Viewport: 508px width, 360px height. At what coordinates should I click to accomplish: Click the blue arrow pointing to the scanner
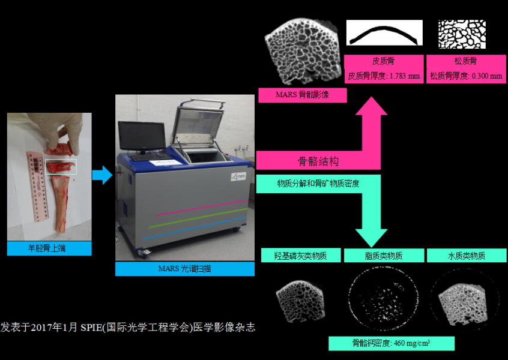tap(102, 175)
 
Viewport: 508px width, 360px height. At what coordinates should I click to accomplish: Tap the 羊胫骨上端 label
tap(49, 248)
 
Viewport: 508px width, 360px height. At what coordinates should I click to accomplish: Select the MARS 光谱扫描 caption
tap(184, 269)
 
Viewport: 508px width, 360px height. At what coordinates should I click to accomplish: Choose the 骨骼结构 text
tap(318, 161)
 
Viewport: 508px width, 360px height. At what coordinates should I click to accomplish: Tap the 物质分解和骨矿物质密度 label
tap(318, 184)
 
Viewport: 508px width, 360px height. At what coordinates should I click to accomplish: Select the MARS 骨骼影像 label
tap(302, 95)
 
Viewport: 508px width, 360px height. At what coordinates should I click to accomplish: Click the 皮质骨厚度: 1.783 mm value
tap(383, 76)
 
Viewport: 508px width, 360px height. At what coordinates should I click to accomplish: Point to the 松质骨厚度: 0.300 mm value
tap(465, 76)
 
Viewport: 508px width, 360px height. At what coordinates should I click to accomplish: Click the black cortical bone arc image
tap(384, 33)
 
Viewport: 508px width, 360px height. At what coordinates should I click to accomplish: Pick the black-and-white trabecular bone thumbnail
tap(461, 34)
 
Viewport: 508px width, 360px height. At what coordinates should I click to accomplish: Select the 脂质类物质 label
tap(383, 256)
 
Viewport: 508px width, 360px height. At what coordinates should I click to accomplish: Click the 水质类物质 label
tap(465, 256)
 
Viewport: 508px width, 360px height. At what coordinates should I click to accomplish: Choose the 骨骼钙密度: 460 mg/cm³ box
tap(390, 343)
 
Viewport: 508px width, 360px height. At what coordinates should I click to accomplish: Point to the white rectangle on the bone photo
tap(61, 166)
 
